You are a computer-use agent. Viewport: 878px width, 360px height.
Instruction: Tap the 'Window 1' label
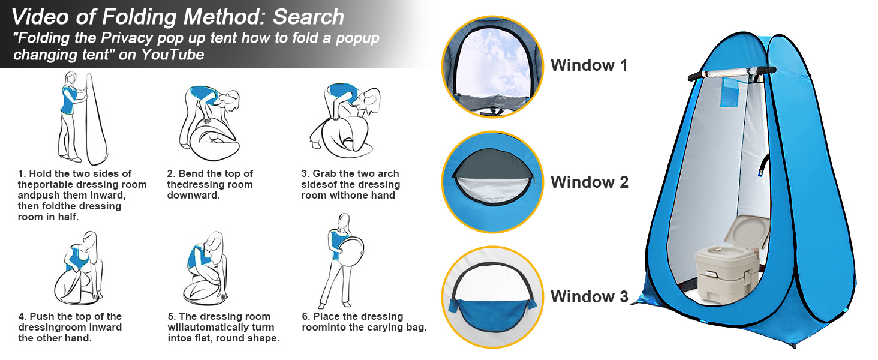pyautogui.click(x=589, y=65)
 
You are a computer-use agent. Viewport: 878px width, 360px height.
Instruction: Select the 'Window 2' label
pyautogui.click(x=589, y=182)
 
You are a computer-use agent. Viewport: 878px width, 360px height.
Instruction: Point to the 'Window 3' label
pyautogui.click(x=589, y=296)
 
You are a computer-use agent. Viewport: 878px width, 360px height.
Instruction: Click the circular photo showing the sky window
pyautogui.click(x=492, y=66)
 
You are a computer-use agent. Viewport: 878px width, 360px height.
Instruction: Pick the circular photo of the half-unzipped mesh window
pyautogui.click(x=492, y=182)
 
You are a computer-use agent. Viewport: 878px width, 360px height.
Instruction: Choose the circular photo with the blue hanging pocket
pyautogui.click(x=492, y=297)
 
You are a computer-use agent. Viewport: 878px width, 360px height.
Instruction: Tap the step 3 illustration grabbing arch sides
pyautogui.click(x=345, y=120)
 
